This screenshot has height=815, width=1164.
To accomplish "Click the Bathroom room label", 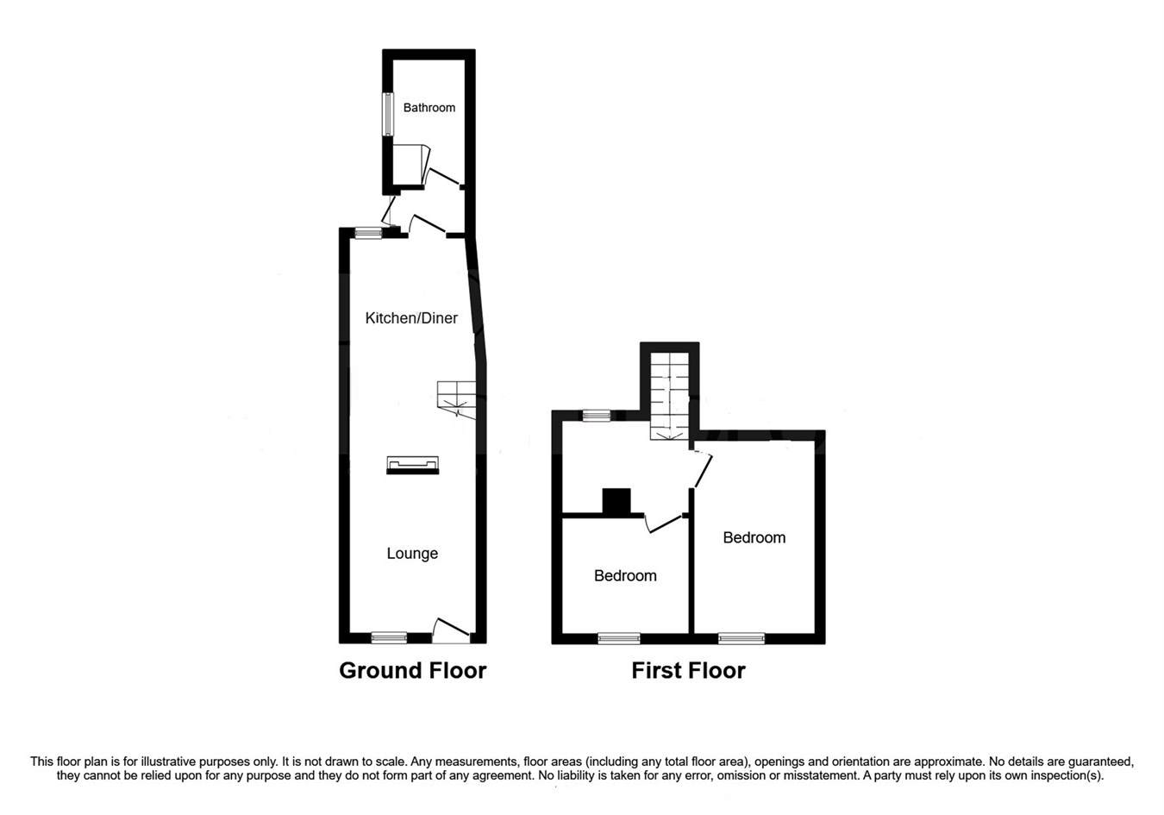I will [429, 108].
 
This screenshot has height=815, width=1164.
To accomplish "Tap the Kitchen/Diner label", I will [411, 318].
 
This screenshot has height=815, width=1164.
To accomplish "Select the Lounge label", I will [412, 554].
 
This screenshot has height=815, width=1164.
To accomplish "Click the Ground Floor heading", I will [412, 670].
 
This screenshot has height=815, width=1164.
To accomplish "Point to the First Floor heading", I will [688, 670].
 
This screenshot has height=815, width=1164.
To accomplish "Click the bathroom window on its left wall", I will [388, 114].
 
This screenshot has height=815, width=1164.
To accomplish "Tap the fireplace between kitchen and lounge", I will [412, 466].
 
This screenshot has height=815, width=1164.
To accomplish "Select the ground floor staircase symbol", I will [455, 398].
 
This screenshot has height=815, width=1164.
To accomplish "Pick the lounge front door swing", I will [451, 630].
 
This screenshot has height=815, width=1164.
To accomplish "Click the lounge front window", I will [388, 638].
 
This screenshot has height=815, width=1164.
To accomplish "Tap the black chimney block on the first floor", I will [616, 501].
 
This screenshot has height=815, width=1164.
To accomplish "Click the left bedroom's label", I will [625, 576].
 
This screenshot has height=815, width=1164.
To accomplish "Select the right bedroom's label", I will [754, 538].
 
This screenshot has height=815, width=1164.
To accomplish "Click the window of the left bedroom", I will [619, 639].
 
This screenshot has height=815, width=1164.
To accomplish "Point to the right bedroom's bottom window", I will [742, 639].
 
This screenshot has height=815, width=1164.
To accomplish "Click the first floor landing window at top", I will [596, 416].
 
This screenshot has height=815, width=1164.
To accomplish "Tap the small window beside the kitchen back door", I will [368, 232].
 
